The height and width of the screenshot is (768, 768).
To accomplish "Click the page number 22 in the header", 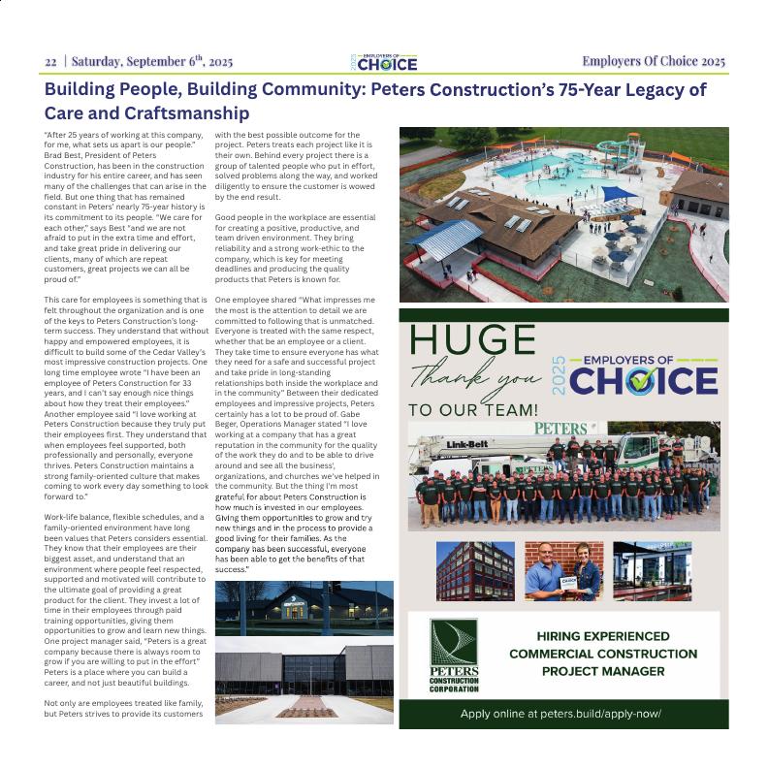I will [x=50, y=62].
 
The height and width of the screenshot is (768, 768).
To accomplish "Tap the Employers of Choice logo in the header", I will [x=384, y=62].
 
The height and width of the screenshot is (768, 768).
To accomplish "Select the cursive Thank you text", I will [x=475, y=376].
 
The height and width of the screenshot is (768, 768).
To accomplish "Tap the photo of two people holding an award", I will [x=563, y=571].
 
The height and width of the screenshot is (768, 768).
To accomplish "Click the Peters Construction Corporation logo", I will [x=454, y=656].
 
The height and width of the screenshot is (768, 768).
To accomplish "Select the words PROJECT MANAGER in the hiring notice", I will [x=603, y=671].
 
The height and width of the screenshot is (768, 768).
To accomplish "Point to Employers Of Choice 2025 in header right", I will [x=653, y=62].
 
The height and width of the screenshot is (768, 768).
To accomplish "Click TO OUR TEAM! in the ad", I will [x=472, y=410].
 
